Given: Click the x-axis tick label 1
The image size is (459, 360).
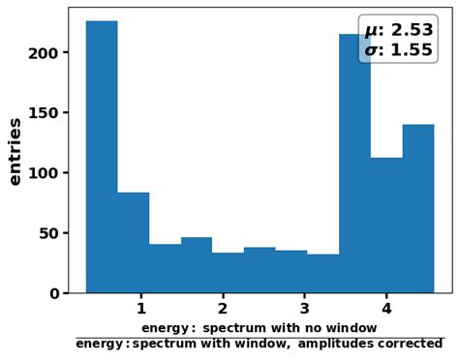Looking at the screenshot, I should tap(141, 309).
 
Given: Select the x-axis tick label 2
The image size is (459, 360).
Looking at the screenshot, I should tap(223, 309).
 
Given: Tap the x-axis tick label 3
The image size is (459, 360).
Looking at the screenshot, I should tap(304, 309).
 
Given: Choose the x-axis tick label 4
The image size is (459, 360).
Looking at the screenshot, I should tap(385, 309).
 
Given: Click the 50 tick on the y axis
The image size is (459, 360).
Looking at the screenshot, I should tap(48, 233).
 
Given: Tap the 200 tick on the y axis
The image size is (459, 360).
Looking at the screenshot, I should tap(45, 53).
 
